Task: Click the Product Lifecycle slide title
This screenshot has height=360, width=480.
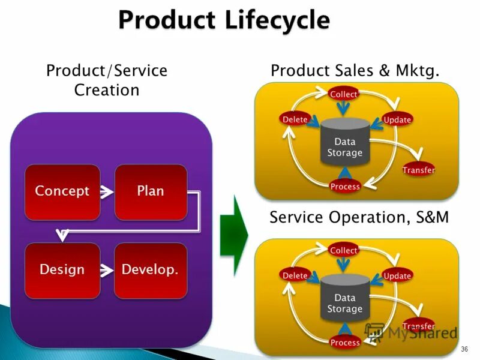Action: tap(224, 20)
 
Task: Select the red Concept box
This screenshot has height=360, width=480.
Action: tap(62, 191)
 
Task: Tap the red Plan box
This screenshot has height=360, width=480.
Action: tap(150, 191)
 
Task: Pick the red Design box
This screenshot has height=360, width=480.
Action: tap(62, 270)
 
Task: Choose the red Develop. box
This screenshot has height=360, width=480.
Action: tap(150, 270)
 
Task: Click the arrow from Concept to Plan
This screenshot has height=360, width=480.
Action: tap(107, 192)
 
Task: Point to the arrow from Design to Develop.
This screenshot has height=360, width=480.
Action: tap(107, 271)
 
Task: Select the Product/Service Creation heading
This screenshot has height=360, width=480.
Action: tap(107, 80)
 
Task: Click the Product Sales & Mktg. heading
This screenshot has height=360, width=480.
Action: tap(355, 71)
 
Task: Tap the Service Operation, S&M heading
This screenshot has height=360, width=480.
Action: tap(359, 217)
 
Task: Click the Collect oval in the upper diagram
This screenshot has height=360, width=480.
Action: tap(344, 94)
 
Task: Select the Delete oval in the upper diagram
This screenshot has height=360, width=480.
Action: tap(295, 119)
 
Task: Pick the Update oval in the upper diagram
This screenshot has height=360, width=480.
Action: tap(397, 120)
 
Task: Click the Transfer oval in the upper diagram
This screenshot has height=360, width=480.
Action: tap(418, 170)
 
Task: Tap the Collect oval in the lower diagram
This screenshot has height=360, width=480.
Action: tap(344, 250)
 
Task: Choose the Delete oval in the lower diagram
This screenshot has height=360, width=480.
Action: tap(295, 275)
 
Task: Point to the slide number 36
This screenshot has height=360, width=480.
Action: tap(464, 349)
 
